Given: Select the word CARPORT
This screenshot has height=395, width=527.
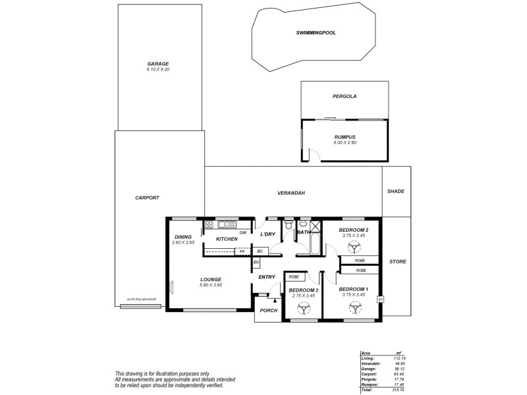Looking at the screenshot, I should pos(147,197).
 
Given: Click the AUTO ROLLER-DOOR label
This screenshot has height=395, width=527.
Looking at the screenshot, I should pos(140,300).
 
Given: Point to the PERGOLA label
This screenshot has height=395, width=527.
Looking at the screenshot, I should pos(344,96).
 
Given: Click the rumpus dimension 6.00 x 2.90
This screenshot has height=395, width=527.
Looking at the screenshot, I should pos(344,143).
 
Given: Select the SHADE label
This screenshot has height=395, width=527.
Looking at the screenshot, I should pos(395,192).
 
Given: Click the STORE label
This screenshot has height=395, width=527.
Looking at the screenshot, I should pos(397,261).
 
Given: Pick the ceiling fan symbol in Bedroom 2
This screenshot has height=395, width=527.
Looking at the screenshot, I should pos(355,248).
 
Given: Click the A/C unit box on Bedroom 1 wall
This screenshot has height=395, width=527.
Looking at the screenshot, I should pos(380,300).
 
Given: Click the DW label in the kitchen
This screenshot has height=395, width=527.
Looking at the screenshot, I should pos(243,233).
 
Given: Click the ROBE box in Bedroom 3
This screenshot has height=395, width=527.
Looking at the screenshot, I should pos(294,277).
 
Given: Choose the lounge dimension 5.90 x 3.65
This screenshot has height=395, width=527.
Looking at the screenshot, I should pos(211,286).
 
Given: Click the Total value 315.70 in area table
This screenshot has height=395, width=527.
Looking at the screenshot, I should pos(399,389).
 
